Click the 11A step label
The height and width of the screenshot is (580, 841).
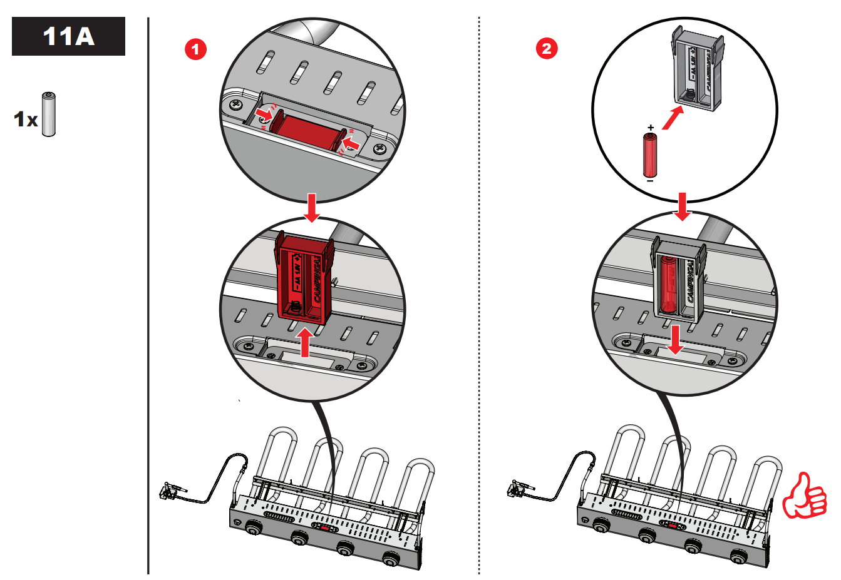[x=68, y=36]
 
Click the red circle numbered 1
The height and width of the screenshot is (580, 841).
[x=195, y=49]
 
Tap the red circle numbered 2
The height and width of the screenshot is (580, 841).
[x=547, y=48]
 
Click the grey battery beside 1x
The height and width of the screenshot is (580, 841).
[x=49, y=114]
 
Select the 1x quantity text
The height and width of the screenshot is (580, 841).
[x=26, y=119]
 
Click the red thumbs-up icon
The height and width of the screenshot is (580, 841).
[x=805, y=497]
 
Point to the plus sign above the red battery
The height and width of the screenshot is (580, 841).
[x=651, y=128]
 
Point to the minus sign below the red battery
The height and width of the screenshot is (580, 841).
[x=651, y=181]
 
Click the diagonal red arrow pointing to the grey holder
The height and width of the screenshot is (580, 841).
[x=673, y=117]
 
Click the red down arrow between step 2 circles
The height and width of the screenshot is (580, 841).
[x=682, y=206]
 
